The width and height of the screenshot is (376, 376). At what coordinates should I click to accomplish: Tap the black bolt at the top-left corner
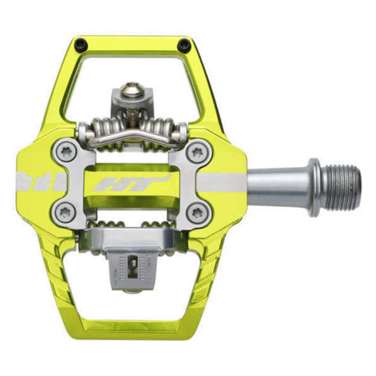point(80,44)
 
